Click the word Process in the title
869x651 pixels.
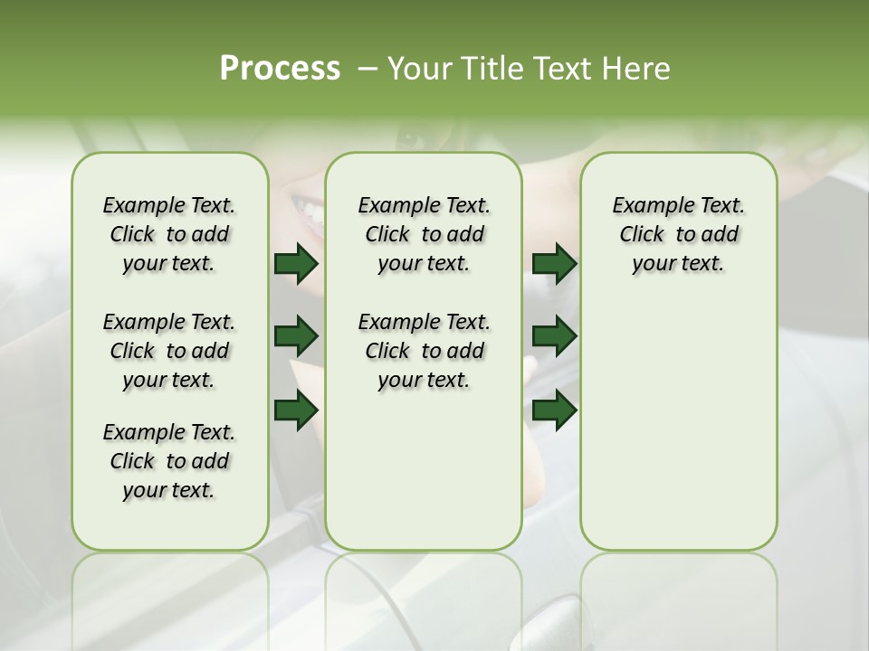280,69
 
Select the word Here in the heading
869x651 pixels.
637,69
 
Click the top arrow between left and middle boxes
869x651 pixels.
296,264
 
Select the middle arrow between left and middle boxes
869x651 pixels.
296,337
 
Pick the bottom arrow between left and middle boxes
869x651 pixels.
296,410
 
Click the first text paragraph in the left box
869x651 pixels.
169,234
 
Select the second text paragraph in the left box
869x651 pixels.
169,351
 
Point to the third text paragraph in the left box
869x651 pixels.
169,461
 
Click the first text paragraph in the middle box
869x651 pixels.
424,234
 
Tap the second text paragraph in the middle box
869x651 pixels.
424,351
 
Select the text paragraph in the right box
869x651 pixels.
678,234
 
